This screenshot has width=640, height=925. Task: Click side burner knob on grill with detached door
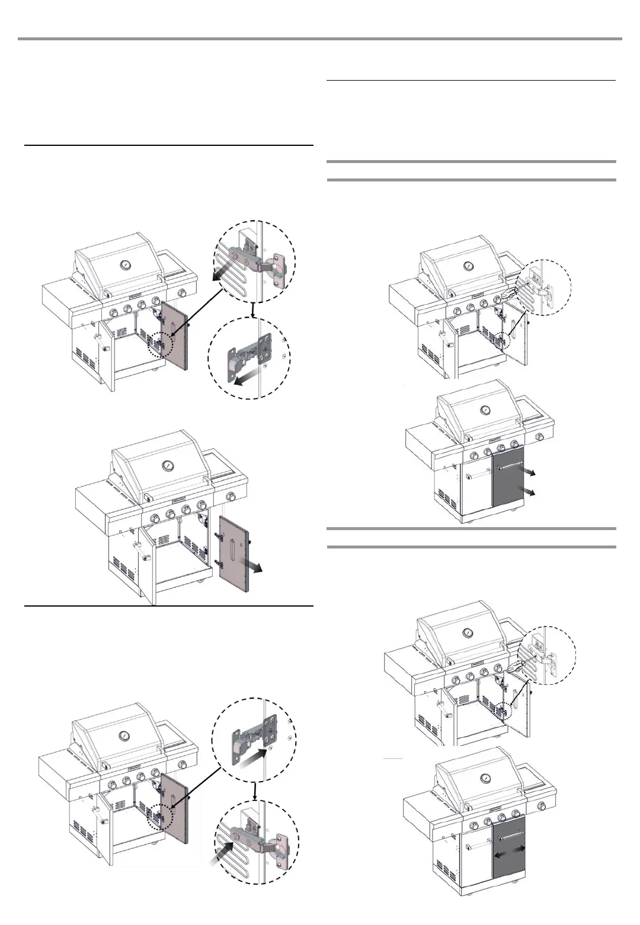233,496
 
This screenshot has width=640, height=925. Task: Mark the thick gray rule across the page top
320,39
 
